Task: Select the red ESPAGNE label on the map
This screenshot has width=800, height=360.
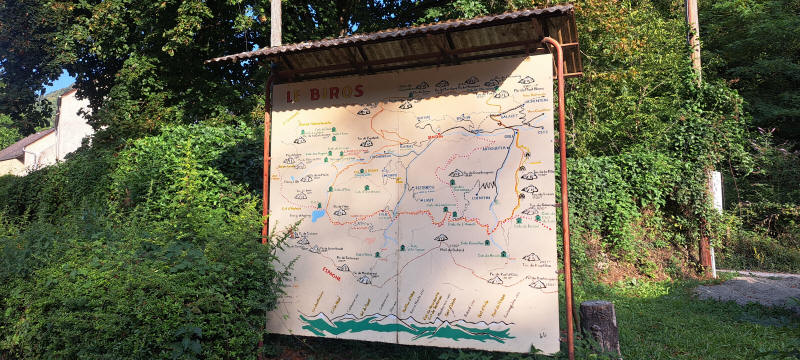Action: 331,272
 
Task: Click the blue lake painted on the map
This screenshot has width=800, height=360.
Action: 318,214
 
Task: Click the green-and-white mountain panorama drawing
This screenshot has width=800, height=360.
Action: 405,327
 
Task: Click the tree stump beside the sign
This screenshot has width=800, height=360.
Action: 599,326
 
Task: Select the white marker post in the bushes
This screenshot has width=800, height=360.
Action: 715,190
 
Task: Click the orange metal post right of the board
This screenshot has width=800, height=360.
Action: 564,200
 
